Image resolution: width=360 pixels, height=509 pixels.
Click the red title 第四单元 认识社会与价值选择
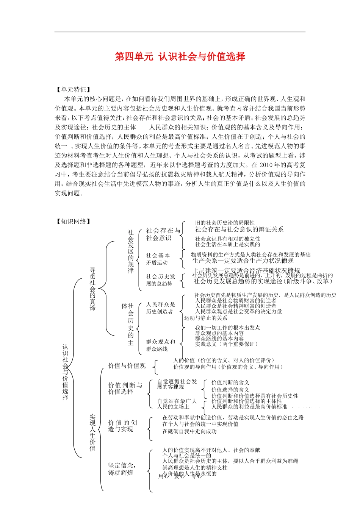[180, 57]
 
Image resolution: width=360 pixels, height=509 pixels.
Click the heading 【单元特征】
[73, 90]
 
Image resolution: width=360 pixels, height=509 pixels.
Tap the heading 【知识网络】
[73, 222]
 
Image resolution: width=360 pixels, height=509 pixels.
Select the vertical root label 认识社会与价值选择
[66, 372]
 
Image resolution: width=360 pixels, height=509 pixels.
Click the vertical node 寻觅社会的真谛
[92, 289]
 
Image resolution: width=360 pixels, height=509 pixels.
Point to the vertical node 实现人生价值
[92, 432]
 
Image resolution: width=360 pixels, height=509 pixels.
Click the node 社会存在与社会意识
[163, 234]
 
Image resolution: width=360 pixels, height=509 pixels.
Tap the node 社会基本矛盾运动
[158, 259]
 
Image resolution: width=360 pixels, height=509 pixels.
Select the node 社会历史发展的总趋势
[161, 280]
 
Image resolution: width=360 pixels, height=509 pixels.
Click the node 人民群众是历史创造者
[161, 308]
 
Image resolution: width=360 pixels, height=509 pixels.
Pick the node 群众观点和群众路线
[161, 345]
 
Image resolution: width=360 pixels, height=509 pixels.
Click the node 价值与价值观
[127, 365]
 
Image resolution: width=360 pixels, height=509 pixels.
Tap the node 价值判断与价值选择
[125, 388]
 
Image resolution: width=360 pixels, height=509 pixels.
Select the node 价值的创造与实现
[122, 426]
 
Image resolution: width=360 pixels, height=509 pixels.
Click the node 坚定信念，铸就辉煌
[122, 469]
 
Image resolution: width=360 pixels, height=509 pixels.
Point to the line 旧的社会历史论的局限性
[225, 223]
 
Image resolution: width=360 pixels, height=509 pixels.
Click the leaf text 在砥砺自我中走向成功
[189, 431]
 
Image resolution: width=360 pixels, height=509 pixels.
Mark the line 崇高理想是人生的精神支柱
[195, 468]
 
